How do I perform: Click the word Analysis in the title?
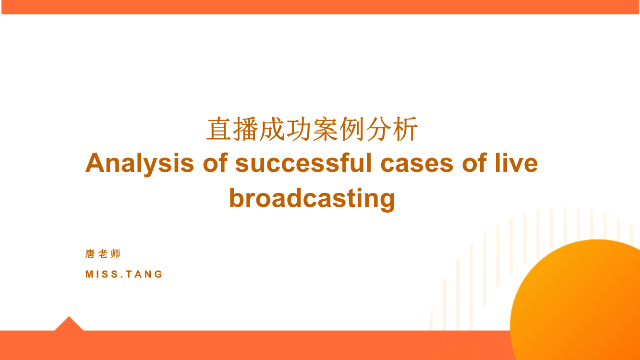pyautogui.click(x=140, y=163)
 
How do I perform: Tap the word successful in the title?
pyautogui.click(x=303, y=162)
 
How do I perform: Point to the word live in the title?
pyautogui.click(x=517, y=162)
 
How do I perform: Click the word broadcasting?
pyautogui.click(x=312, y=199)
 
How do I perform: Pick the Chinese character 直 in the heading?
pyautogui.click(x=219, y=129)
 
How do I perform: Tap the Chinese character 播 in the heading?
pyautogui.click(x=245, y=129)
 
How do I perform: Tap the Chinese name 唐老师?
pyautogui.click(x=103, y=254)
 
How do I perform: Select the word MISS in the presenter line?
pyautogui.click(x=102, y=274)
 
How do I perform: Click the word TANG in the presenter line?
pyautogui.click(x=145, y=274)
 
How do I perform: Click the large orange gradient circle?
pyautogui.click(x=580, y=303)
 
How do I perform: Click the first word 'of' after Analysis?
pyautogui.click(x=215, y=162)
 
